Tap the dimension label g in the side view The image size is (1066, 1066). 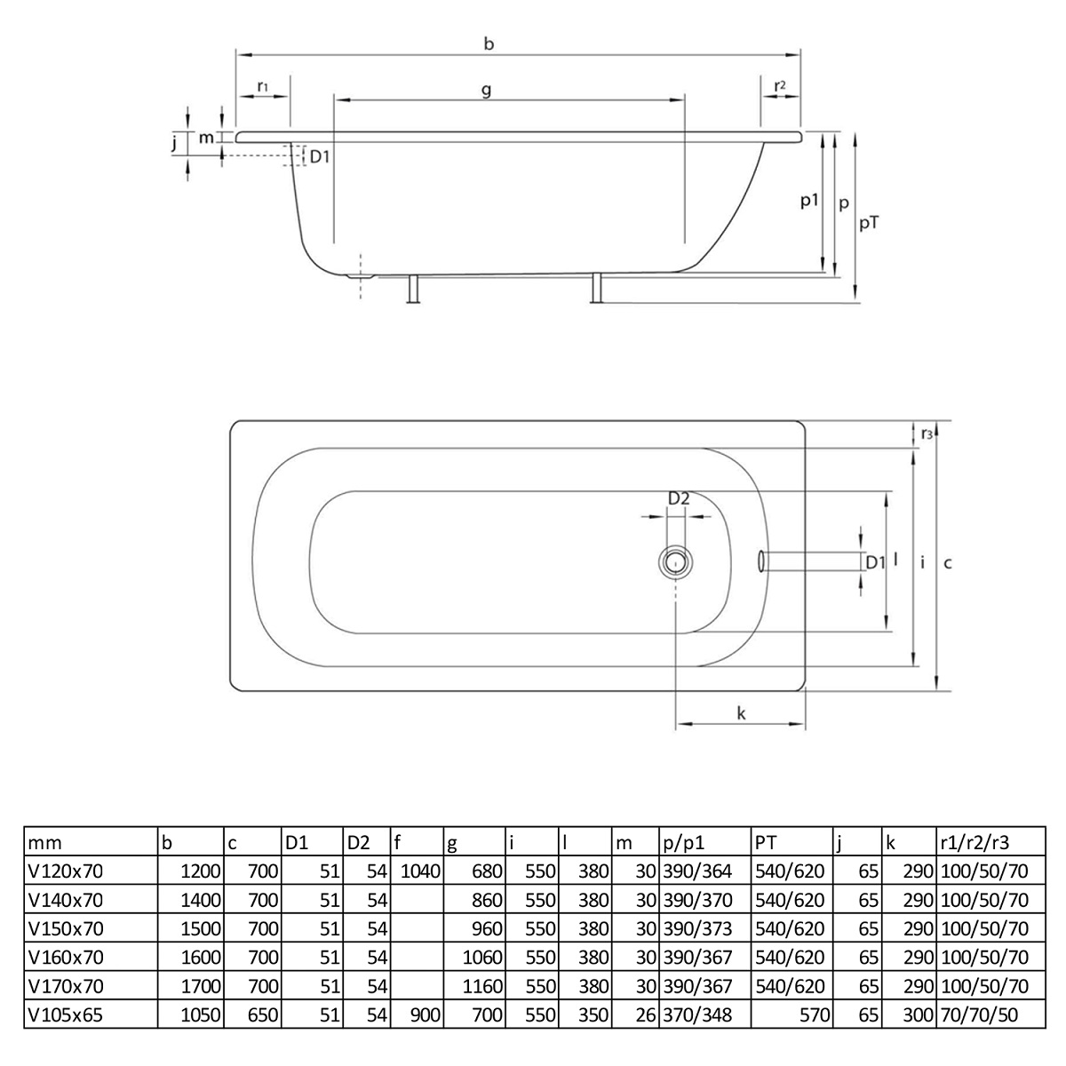click(x=487, y=90)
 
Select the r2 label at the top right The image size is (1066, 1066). click(x=779, y=85)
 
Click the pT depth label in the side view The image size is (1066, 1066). click(x=870, y=224)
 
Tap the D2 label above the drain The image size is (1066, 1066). click(x=679, y=499)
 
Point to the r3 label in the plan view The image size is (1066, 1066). click(x=927, y=434)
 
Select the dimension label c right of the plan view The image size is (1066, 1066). click(x=948, y=561)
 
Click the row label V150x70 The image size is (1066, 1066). click(x=66, y=928)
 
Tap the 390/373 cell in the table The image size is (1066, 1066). click(x=698, y=928)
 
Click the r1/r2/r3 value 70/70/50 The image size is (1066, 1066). click(x=978, y=1014)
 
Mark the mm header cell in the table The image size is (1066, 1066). click(x=45, y=842)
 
